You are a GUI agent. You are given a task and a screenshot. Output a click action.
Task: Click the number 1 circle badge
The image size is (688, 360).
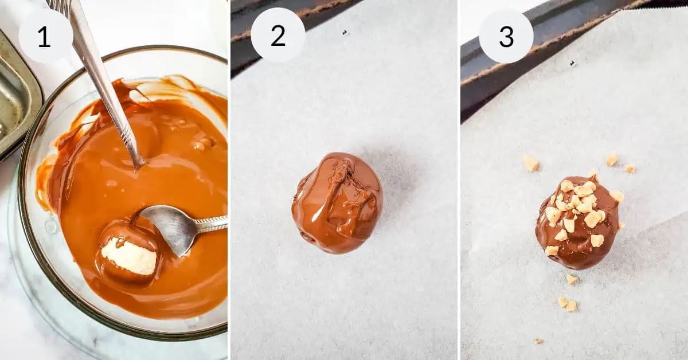(x=46, y=36)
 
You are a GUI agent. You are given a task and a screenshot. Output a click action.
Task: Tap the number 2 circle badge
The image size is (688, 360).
(x=277, y=36)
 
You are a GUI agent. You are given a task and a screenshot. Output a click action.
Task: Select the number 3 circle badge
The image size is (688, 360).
(x=506, y=36)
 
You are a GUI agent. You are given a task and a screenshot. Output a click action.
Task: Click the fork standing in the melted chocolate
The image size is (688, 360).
(x=103, y=80)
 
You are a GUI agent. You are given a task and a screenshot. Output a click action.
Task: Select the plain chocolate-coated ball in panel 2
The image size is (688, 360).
(x=337, y=203)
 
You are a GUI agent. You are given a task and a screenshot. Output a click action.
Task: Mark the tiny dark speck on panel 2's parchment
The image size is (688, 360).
(x=345, y=33)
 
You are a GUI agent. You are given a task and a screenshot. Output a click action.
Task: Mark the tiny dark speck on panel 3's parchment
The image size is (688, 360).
(x=572, y=63)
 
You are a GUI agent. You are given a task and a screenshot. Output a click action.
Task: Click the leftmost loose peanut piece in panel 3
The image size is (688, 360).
(x=531, y=163)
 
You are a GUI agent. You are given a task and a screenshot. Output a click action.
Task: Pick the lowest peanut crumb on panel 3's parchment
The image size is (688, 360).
(x=538, y=341)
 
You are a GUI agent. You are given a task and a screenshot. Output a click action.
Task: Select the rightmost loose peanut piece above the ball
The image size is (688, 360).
(x=630, y=169)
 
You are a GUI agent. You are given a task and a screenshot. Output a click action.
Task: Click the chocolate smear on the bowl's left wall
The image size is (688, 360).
(x=46, y=183)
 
